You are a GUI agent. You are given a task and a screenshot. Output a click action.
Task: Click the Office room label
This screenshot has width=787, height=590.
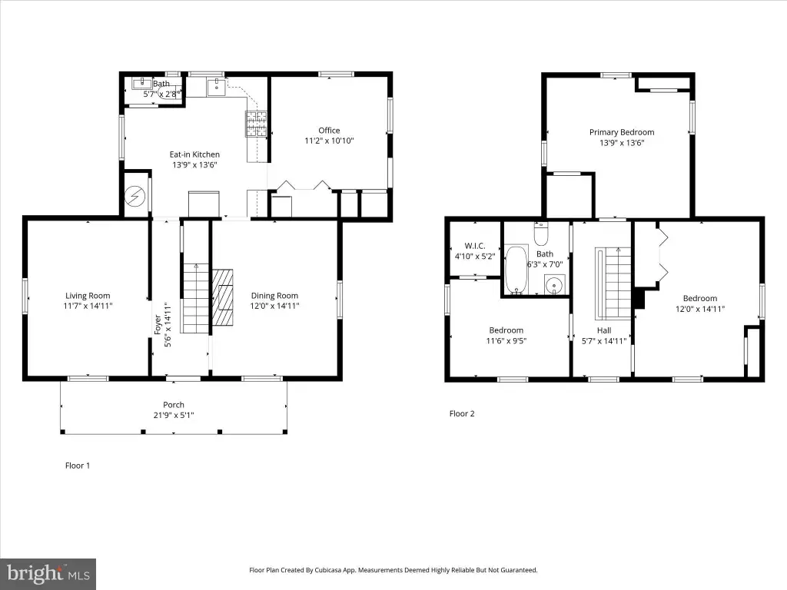(329, 131)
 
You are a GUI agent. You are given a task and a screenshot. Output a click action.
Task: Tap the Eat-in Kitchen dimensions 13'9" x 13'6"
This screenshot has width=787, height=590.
(194, 165)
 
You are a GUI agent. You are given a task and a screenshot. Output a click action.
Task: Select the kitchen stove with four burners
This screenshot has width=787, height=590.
(256, 124)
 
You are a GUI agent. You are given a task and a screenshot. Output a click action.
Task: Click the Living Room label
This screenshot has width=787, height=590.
(88, 296)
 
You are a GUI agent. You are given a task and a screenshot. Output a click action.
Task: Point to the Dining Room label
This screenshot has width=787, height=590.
(274, 296)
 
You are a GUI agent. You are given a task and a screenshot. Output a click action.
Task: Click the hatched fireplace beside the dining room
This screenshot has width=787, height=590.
(222, 297)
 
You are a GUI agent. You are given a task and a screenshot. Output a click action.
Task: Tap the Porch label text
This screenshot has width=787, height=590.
(174, 405)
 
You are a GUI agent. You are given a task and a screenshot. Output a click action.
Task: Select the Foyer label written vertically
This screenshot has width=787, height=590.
(158, 325)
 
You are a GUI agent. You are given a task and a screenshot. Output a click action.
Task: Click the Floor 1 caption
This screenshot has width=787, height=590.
(78, 466)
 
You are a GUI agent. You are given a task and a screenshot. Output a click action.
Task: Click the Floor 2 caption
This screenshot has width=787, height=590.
(462, 413)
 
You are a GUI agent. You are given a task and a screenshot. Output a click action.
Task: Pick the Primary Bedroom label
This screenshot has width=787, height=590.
(622, 132)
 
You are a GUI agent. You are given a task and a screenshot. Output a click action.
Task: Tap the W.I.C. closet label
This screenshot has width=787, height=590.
(475, 246)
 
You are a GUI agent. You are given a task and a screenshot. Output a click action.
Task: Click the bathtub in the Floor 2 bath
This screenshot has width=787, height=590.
(516, 270)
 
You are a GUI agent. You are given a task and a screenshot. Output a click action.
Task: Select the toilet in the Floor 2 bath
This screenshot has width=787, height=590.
(541, 234)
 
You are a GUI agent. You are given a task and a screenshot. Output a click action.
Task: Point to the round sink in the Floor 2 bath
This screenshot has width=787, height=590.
(555, 286)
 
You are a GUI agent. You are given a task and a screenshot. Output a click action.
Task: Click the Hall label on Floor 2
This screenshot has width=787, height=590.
(604, 330)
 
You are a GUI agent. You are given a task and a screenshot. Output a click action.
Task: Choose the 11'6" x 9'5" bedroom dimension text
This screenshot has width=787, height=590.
(506, 341)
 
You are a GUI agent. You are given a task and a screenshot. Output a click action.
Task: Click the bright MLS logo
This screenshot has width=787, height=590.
(48, 573)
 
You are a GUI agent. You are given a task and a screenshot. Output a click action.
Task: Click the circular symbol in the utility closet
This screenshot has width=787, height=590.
(134, 196)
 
